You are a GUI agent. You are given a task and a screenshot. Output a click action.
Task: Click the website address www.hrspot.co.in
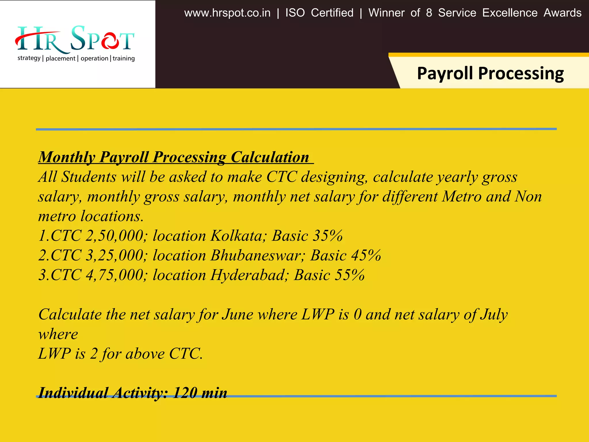click(x=227, y=13)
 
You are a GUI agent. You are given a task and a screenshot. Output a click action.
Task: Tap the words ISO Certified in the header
click(x=319, y=13)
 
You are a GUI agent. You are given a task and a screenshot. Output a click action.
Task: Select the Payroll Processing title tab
click(x=490, y=73)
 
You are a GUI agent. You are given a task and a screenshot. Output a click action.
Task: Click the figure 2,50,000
click(x=114, y=236)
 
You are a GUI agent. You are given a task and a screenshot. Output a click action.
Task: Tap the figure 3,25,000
click(x=114, y=255)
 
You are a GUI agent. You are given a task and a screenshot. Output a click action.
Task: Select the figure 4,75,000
click(x=114, y=275)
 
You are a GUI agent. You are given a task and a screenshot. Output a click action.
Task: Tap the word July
click(x=494, y=314)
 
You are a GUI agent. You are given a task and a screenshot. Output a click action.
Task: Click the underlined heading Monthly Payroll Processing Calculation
click(x=174, y=157)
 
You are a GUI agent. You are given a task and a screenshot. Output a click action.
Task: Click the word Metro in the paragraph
click(x=462, y=197)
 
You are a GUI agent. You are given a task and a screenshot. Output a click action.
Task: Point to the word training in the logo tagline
click(x=124, y=58)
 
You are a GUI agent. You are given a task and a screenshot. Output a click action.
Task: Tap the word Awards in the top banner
click(x=562, y=13)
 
